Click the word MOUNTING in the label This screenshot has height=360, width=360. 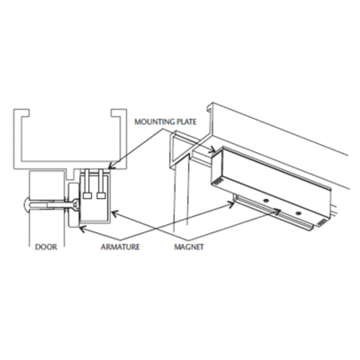[154, 121]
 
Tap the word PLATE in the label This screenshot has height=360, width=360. [186, 121]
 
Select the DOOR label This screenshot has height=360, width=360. [46, 247]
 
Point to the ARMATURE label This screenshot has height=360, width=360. [121, 247]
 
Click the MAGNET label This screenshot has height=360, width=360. [189, 247]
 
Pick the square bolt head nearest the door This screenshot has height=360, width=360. [87, 195]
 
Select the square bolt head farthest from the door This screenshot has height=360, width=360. [101, 195]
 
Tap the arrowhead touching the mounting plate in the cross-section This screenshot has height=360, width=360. [110, 166]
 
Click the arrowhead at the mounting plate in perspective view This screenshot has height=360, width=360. [212, 149]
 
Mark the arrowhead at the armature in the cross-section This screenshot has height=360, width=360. [82, 229]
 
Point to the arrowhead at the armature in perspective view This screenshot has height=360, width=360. [231, 204]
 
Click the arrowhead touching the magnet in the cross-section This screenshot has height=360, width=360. [114, 213]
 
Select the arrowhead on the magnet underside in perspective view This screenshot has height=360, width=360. [277, 211]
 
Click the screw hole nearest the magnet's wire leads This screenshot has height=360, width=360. [298, 213]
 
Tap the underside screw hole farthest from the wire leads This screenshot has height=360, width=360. [265, 200]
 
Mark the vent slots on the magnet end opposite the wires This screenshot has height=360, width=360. [218, 182]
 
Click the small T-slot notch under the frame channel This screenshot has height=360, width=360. [72, 175]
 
